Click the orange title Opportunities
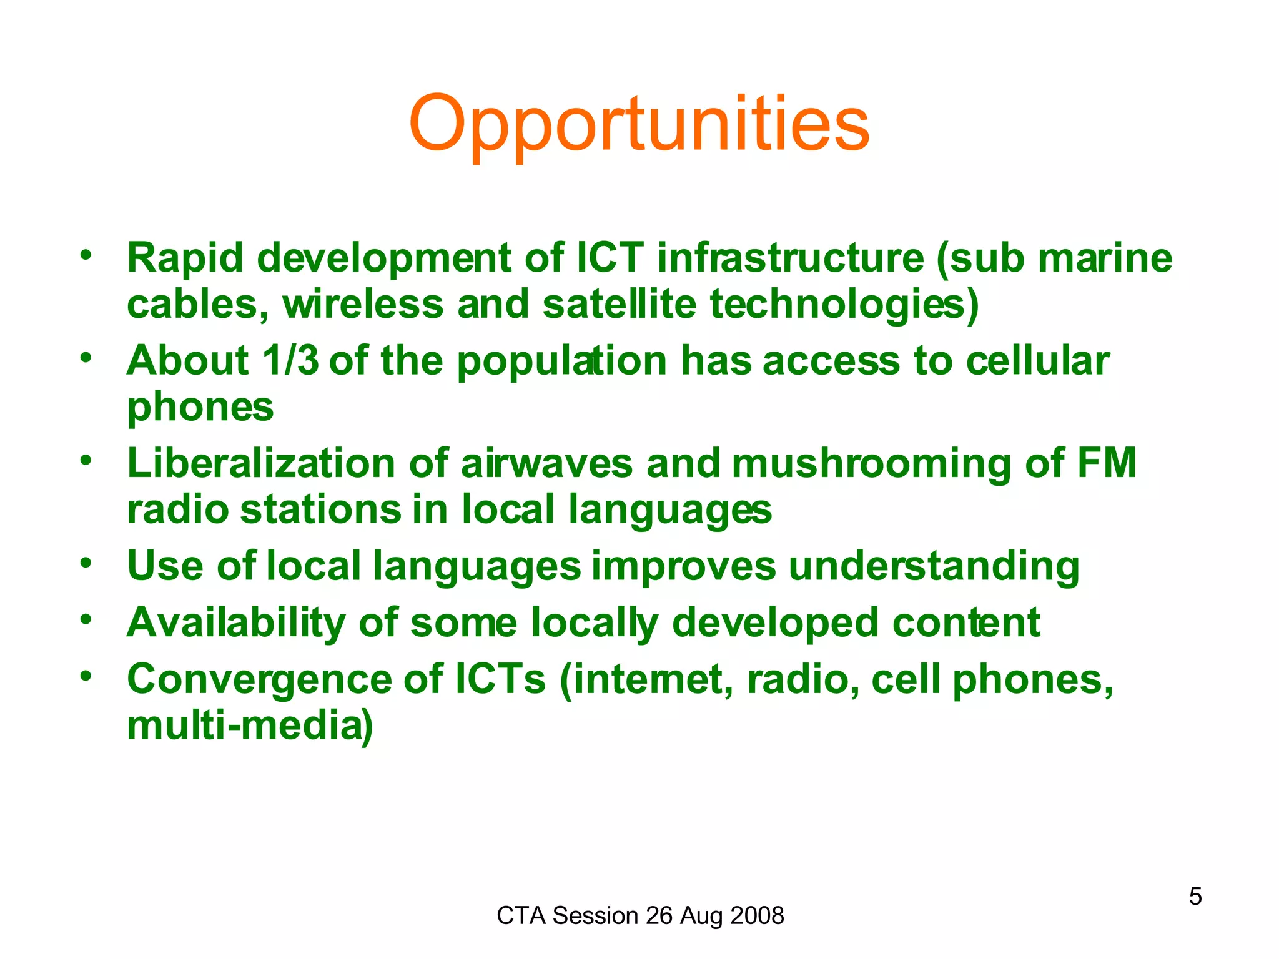coord(639,124)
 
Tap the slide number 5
coord(1195,897)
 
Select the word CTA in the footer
coord(521,916)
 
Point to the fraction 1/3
coord(290,361)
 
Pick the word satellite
coord(619,304)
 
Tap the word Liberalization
coord(261,463)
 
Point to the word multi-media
coord(250,725)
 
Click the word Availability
coord(236,623)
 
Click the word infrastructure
coord(790,258)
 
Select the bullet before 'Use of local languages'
coord(86,563)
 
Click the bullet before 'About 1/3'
coord(86,358)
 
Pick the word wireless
coord(363,304)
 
